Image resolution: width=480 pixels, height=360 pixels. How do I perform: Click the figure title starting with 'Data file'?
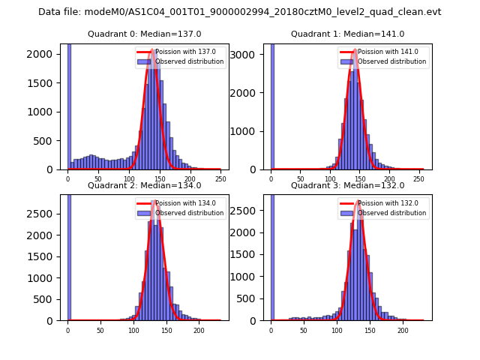(240, 12)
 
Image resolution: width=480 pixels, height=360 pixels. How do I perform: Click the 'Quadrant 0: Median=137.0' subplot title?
(144, 34)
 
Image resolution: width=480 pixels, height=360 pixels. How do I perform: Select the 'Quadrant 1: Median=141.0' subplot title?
(347, 34)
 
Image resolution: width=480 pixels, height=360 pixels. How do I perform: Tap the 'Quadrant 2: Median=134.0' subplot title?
(144, 185)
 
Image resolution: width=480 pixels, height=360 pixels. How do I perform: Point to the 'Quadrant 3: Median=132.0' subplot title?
(347, 185)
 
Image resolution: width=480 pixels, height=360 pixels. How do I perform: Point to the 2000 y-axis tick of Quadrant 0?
(47, 54)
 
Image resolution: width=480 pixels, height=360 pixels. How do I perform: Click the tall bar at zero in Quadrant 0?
(69, 105)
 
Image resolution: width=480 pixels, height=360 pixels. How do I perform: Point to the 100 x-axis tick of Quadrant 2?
(133, 330)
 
